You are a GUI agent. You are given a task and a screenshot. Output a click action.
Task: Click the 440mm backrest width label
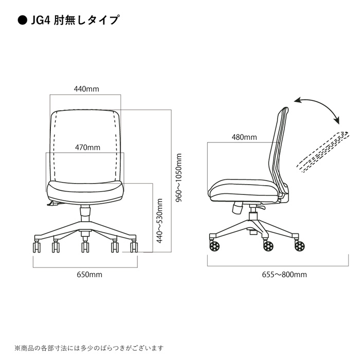coord(86,89)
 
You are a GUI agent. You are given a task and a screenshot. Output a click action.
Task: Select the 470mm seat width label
coord(87,147)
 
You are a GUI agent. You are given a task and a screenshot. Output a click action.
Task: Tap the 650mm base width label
coord(89,274)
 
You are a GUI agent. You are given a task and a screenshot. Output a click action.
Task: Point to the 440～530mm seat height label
coord(159,221)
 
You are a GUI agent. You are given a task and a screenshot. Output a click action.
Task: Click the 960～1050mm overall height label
coord(178,178)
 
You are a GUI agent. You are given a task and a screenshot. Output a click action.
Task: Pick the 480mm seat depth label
coord(244,137)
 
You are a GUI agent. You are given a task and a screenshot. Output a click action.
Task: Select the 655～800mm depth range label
coord(284,274)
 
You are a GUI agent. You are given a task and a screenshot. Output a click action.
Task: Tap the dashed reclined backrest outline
coord(322,152)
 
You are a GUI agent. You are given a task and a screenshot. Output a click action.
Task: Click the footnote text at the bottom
coord(89,348)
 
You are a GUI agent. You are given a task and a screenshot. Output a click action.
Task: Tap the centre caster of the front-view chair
coord(85,247)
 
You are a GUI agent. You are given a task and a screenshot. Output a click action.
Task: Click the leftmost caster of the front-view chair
coord(37,246)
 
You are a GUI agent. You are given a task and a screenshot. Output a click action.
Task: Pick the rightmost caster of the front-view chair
coord(134,246)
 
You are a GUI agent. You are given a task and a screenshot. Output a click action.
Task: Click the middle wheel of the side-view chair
coord(268,246)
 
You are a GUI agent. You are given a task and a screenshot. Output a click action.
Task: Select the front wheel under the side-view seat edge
coord(214,246)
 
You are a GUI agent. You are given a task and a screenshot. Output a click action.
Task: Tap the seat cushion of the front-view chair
coord(85,192)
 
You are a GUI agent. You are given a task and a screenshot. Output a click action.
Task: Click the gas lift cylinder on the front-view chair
coord(85,213)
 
